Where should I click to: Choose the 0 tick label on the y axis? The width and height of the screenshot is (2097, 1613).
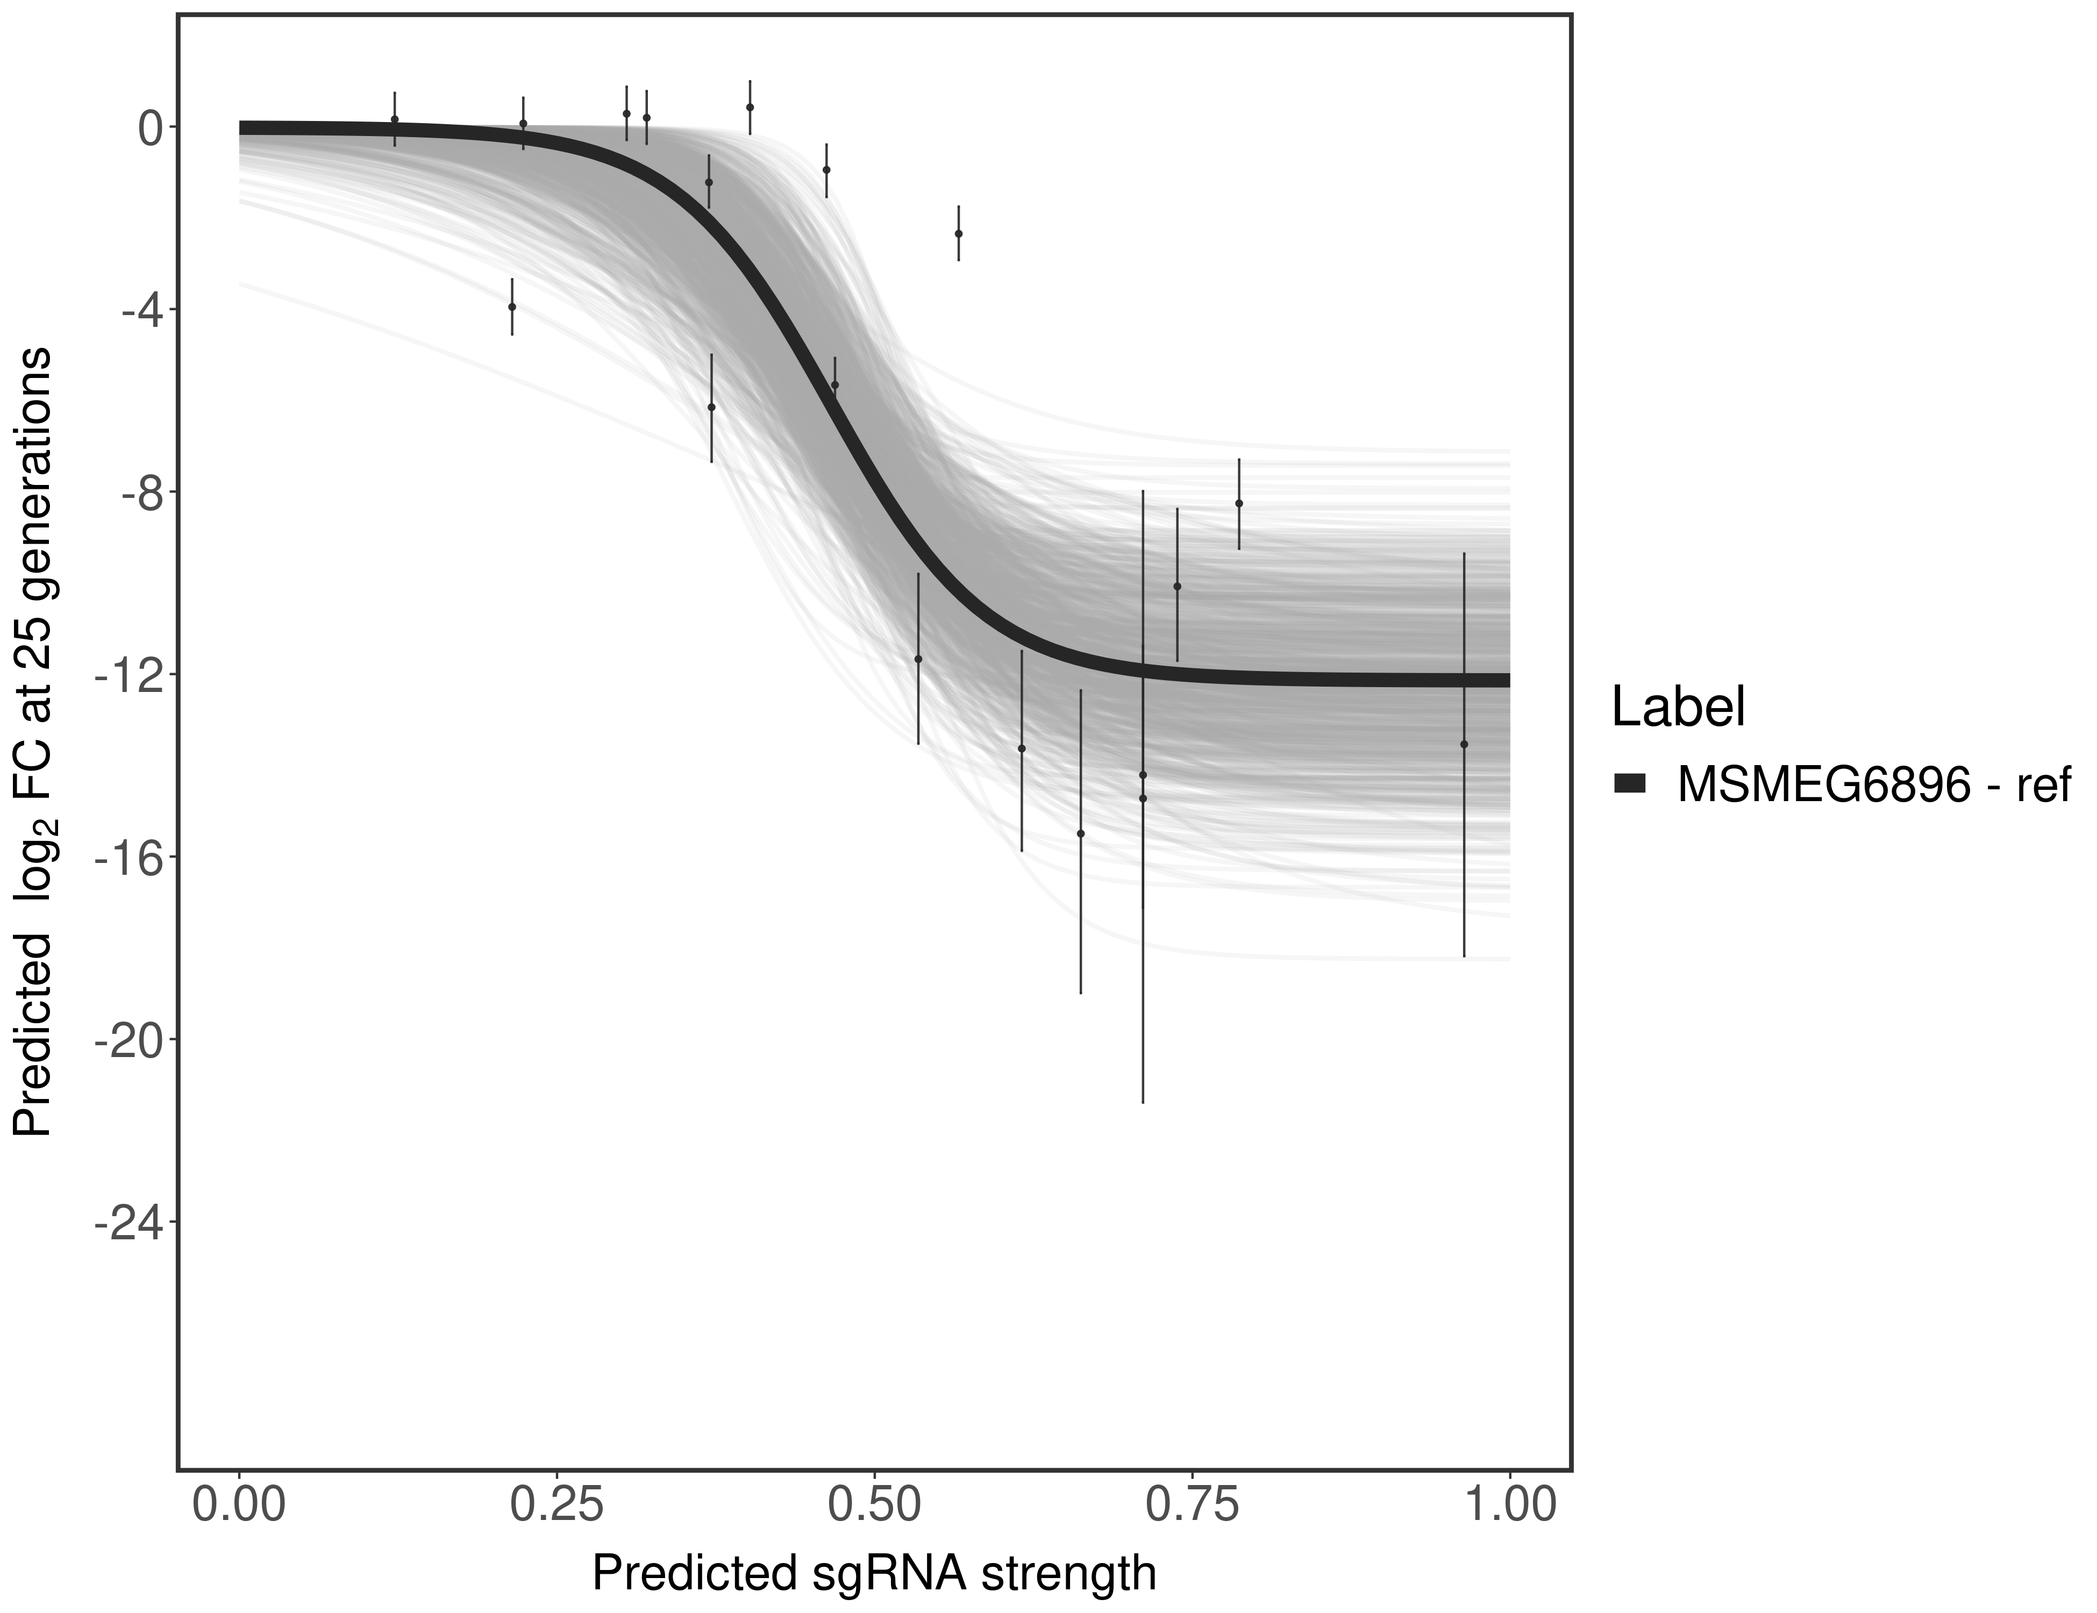pos(149,128)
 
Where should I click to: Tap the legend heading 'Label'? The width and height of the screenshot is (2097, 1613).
pos(1678,708)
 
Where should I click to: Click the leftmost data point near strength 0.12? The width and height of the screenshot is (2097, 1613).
pos(395,119)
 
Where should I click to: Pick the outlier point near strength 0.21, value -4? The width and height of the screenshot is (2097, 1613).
pos(512,307)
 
